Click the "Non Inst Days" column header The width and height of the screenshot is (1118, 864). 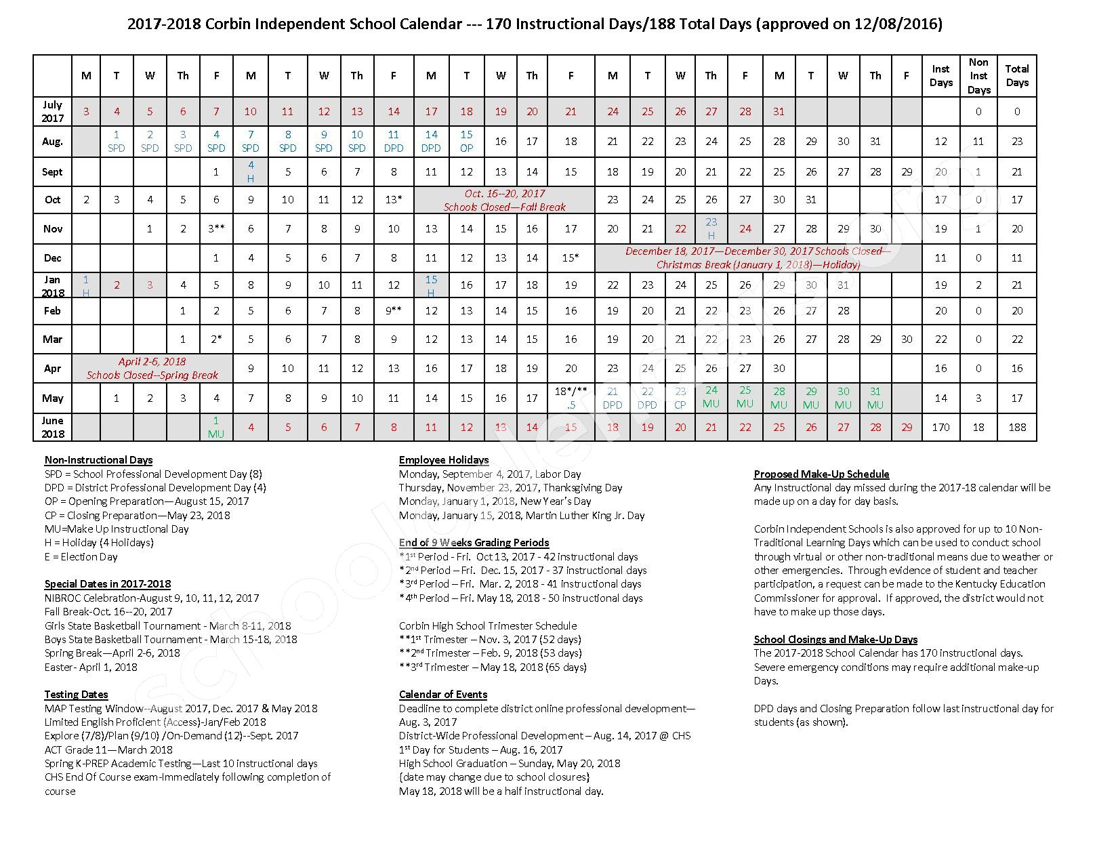point(978,76)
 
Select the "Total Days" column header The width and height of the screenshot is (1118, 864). point(1016,76)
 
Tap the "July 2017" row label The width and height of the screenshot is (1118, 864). point(53,111)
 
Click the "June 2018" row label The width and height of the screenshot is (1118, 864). point(53,427)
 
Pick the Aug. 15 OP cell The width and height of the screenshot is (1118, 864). point(466,141)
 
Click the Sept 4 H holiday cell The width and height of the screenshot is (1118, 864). point(251,171)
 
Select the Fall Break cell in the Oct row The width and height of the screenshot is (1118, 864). point(504,200)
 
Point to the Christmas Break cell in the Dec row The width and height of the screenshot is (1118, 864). point(758,258)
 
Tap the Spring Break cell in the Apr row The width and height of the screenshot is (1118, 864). point(152,368)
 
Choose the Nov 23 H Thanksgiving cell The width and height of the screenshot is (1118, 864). point(711,228)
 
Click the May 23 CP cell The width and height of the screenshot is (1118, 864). point(680,398)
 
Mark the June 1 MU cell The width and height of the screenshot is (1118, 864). point(216,427)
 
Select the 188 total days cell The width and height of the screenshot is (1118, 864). point(1016,427)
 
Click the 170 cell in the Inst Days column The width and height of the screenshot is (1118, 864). point(940,427)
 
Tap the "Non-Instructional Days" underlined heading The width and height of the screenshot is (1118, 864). point(98,460)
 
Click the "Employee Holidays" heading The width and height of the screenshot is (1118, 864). point(444,460)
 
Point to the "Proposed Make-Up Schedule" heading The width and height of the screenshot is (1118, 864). point(821,474)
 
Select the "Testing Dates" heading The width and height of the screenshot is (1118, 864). point(76,694)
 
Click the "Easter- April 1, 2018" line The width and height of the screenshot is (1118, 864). point(91,667)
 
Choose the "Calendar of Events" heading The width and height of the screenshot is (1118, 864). point(443,694)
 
